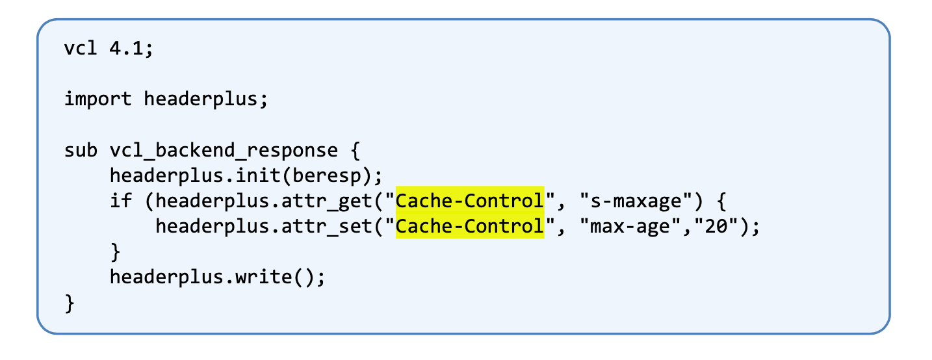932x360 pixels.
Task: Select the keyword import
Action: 97,99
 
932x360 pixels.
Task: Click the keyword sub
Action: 81,151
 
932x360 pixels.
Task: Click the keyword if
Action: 121,201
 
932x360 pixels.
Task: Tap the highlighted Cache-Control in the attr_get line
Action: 469,201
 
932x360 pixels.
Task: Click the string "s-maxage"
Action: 634,201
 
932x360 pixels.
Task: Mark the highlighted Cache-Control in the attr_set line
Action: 469,227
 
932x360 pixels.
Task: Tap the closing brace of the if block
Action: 116,251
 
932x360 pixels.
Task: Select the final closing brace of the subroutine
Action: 70,303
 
